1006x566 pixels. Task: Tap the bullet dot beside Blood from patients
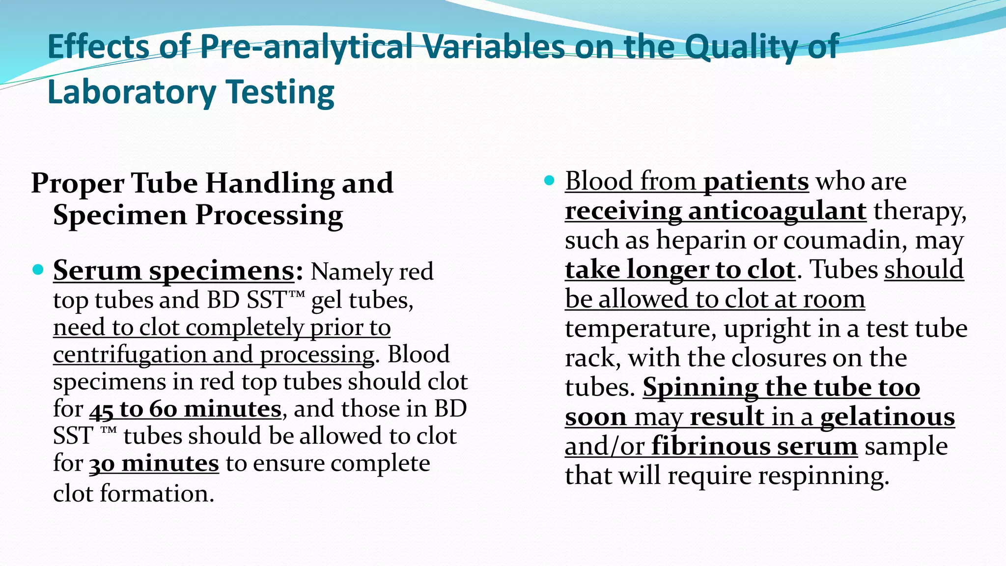click(550, 181)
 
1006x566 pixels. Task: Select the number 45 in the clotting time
click(101, 409)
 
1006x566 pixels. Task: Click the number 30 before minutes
click(102, 463)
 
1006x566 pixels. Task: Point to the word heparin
click(701, 240)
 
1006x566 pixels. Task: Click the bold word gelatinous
click(888, 417)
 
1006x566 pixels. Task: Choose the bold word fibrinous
click(704, 447)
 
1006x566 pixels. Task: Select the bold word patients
click(756, 182)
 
